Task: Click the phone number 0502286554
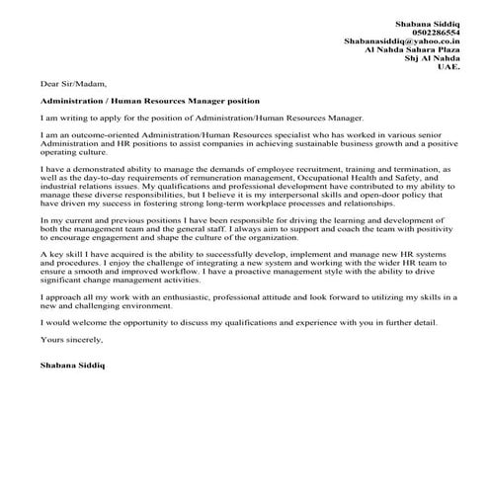[x=432, y=32]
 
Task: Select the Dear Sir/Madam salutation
[x=72, y=84]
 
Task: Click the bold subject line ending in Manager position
[x=150, y=100]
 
